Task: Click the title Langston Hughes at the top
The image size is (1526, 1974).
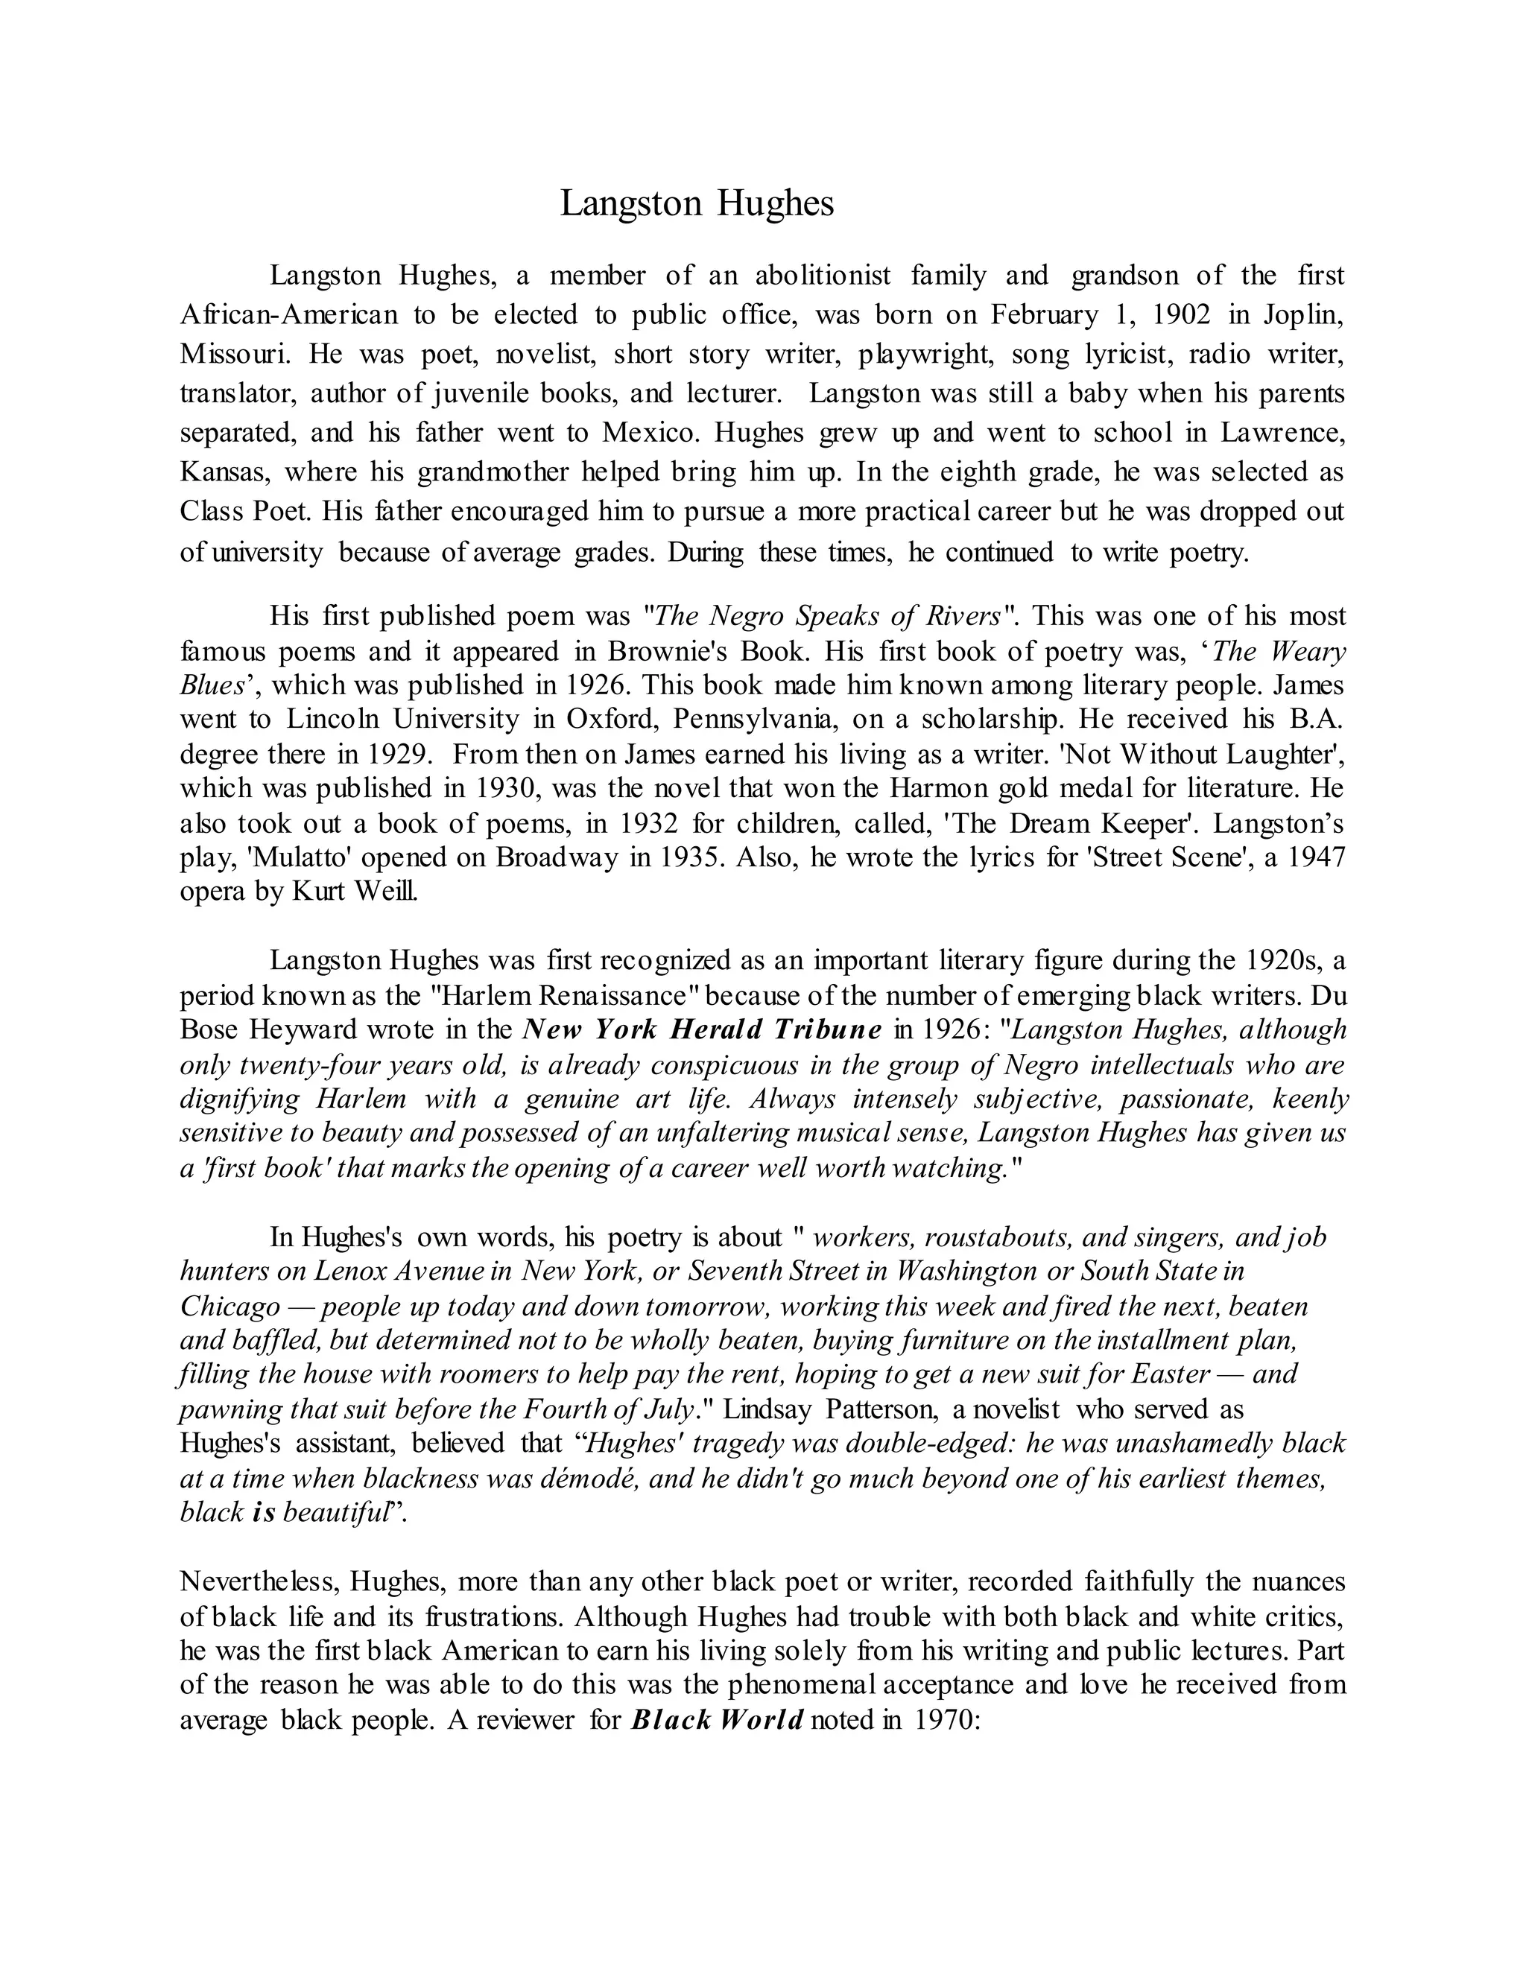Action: pos(696,203)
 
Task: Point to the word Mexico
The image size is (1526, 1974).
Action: pos(649,432)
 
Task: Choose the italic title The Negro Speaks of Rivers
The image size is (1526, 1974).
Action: pos(826,617)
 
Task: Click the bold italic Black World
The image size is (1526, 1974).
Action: pos(717,1719)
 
